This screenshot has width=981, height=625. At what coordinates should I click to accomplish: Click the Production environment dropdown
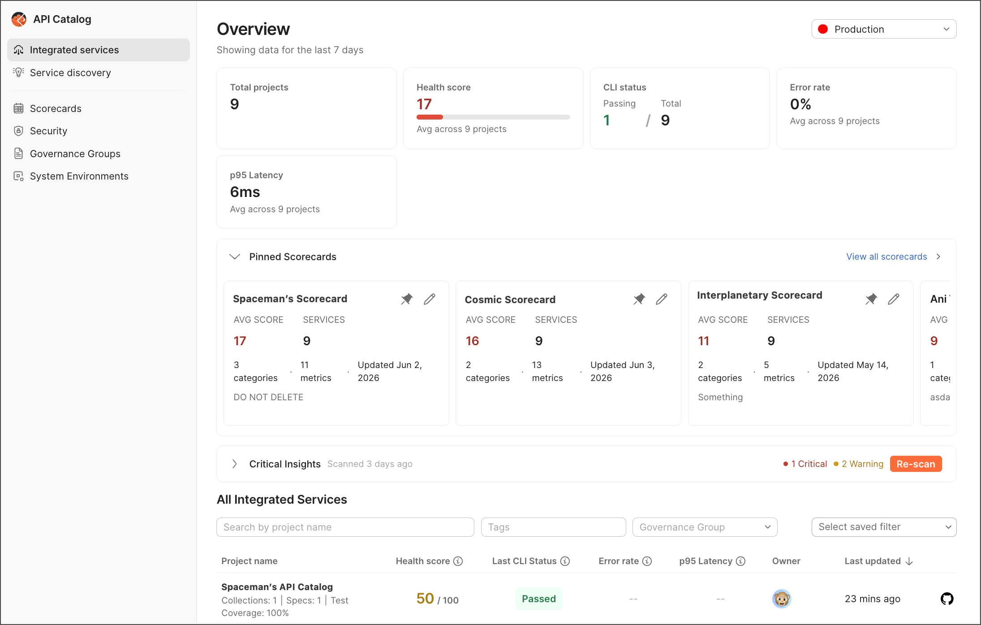(884, 29)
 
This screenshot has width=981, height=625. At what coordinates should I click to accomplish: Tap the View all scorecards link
(886, 257)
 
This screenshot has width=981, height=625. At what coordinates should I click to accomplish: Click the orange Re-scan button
(916, 464)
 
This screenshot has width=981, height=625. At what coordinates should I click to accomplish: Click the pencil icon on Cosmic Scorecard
(662, 299)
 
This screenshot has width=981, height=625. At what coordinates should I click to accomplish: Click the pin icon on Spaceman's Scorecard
(407, 299)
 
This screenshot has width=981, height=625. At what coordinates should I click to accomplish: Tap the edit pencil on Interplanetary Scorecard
(894, 299)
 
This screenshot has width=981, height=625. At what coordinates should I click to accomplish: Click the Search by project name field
(345, 527)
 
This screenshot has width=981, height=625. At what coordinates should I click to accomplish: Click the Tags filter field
(553, 527)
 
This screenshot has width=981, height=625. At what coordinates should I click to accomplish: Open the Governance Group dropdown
(705, 527)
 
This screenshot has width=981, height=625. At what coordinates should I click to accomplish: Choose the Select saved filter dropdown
(884, 527)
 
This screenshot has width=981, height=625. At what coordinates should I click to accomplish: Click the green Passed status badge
(539, 599)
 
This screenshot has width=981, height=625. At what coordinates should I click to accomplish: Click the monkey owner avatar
(782, 599)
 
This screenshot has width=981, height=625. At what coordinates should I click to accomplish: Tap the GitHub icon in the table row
(947, 599)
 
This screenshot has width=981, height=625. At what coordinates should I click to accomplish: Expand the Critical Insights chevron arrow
(234, 464)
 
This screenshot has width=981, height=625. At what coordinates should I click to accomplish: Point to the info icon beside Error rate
(647, 561)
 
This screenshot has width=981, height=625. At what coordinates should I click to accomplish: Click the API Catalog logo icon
(19, 19)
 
